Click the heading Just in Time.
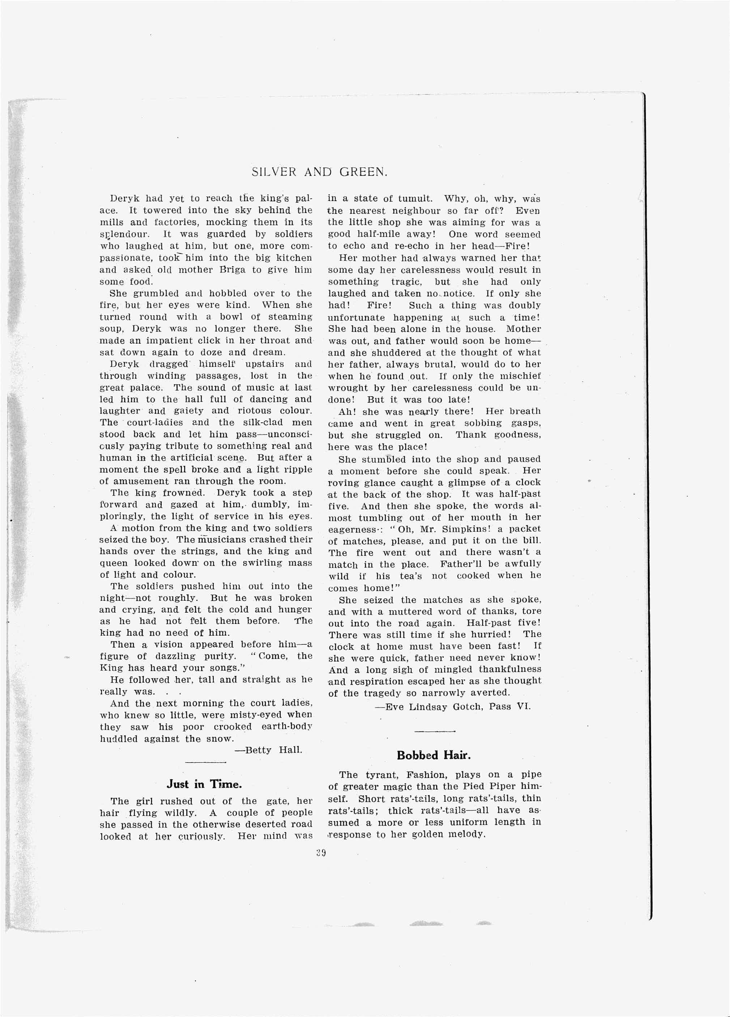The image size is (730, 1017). (x=204, y=784)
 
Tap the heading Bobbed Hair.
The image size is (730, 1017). (x=434, y=755)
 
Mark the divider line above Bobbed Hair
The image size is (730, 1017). (x=434, y=731)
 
